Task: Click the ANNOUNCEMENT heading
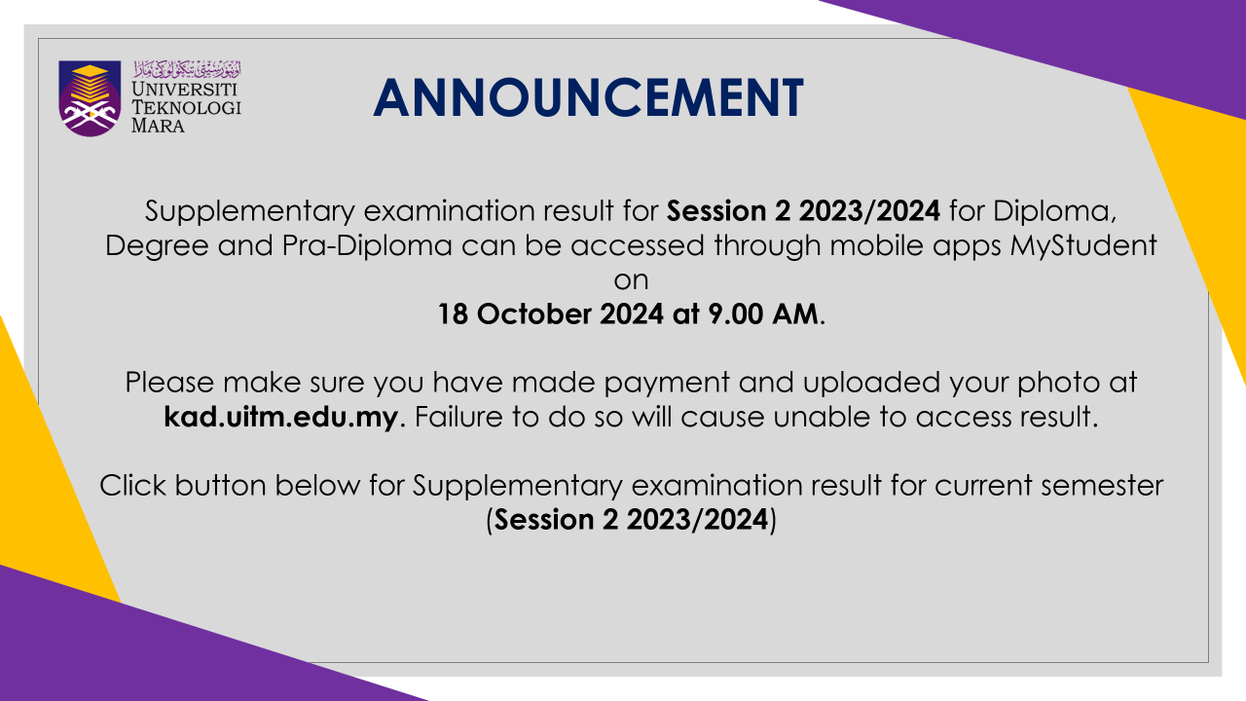[x=589, y=98]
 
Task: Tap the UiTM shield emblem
[x=90, y=98]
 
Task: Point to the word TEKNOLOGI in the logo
[x=186, y=107]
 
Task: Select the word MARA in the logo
[x=158, y=126]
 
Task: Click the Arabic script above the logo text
[x=187, y=69]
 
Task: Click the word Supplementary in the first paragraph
[x=250, y=212]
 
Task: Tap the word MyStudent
[x=1083, y=246]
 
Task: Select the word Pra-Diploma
[x=367, y=246]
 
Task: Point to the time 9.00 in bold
[x=735, y=314]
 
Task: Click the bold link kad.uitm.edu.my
[x=281, y=417]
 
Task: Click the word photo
[x=1058, y=384]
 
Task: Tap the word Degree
[x=157, y=247]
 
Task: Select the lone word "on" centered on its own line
[x=632, y=281]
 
